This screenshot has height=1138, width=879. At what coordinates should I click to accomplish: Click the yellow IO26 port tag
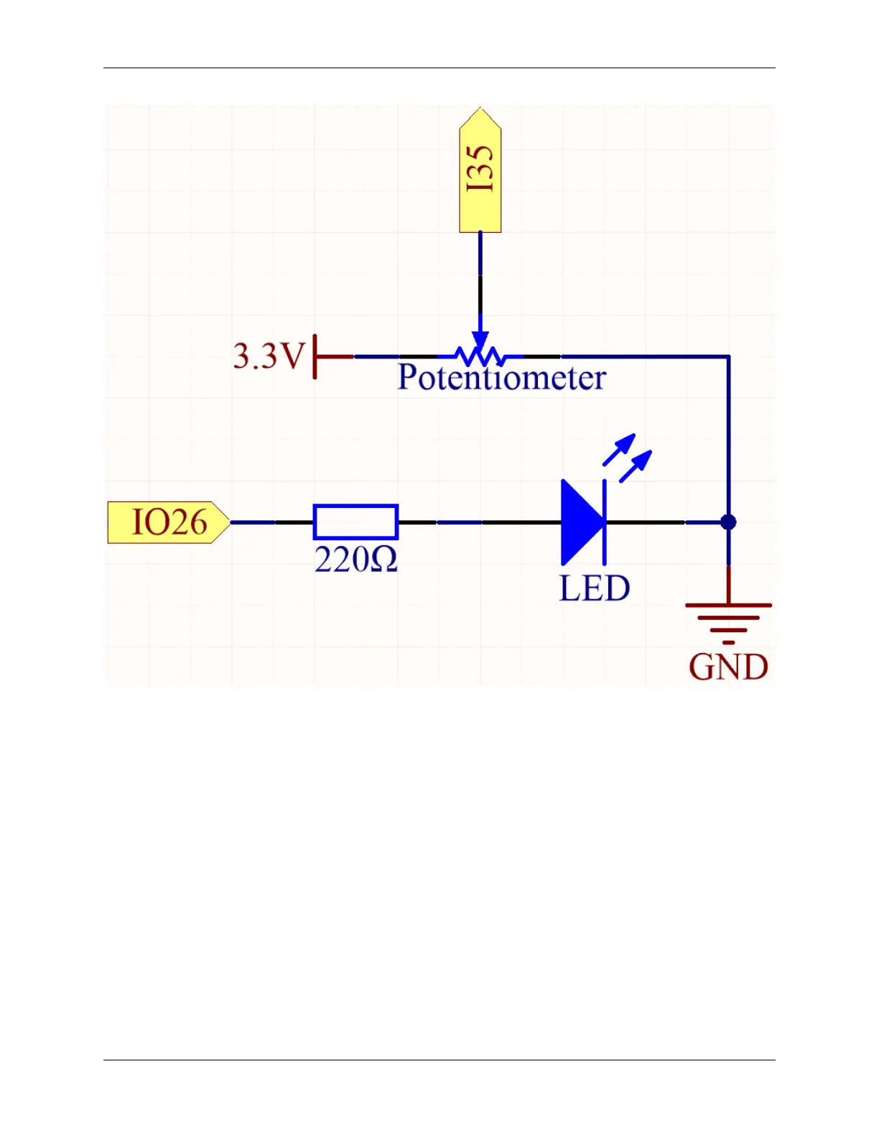(168, 522)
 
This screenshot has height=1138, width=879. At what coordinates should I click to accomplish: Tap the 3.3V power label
(269, 356)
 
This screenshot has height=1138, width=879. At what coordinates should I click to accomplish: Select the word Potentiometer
(501, 378)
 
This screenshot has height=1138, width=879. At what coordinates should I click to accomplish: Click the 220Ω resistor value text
(355, 560)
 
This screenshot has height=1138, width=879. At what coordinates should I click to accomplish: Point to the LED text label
(594, 588)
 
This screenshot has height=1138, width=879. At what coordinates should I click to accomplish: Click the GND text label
(728, 667)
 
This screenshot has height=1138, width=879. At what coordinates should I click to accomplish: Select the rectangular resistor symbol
(355, 522)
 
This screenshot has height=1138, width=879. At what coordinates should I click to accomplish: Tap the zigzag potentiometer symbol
(480, 356)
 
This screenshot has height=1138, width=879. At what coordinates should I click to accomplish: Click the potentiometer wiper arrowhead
(480, 340)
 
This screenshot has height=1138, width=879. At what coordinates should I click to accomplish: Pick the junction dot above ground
(728, 522)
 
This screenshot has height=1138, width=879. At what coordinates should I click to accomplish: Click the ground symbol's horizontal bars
(728, 618)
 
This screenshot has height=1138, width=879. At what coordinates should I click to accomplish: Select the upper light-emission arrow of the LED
(620, 449)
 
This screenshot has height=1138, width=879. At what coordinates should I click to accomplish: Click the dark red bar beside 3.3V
(315, 356)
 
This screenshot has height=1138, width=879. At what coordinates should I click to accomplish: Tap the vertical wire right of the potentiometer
(728, 438)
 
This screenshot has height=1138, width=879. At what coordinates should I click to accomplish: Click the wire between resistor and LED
(478, 522)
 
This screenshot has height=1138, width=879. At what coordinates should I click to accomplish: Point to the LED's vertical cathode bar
(605, 522)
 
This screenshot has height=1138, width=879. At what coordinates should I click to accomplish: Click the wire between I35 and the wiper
(480, 280)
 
